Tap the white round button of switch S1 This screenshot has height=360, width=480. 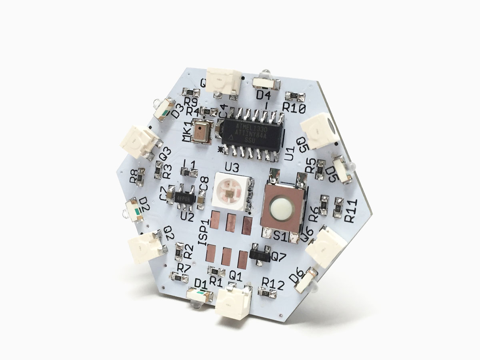[x=279, y=210]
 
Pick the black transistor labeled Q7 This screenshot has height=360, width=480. [x=259, y=254]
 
